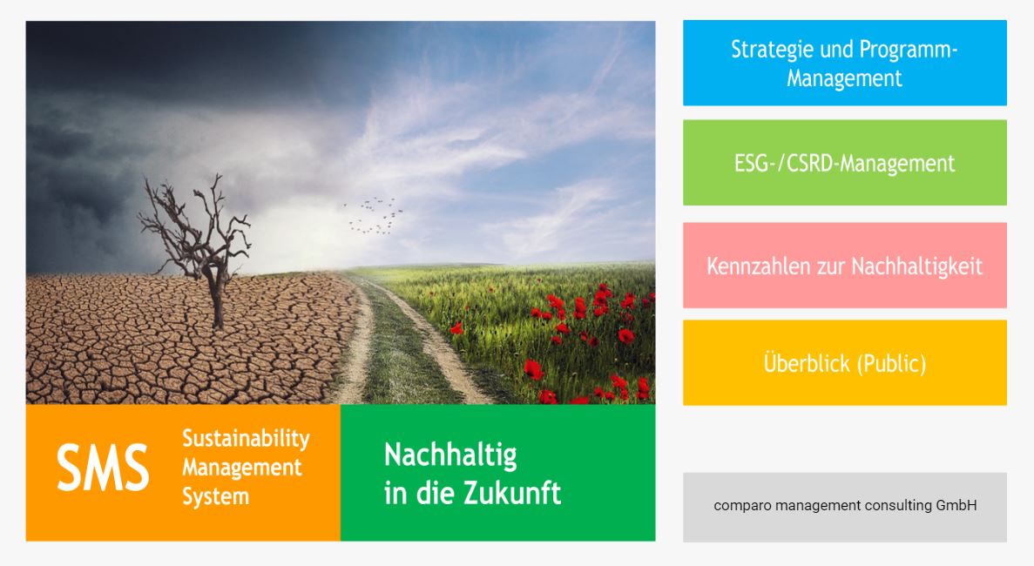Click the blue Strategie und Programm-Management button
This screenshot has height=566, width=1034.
(845, 63)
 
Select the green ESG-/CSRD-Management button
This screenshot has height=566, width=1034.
(845, 163)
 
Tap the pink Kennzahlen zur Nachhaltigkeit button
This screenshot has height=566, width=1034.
(845, 266)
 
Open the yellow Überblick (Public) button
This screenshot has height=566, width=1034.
(845, 363)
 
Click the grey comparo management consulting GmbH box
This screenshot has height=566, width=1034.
(845, 508)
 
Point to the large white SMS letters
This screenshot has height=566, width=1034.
(103, 467)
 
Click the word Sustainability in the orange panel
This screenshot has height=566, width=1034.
(246, 439)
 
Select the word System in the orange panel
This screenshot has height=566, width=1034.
(216, 496)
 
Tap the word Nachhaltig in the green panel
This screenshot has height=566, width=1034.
(450, 455)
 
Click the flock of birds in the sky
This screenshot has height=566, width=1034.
(374, 215)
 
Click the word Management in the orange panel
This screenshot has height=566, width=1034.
(241, 468)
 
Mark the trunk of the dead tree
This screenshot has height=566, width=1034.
(216, 297)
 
